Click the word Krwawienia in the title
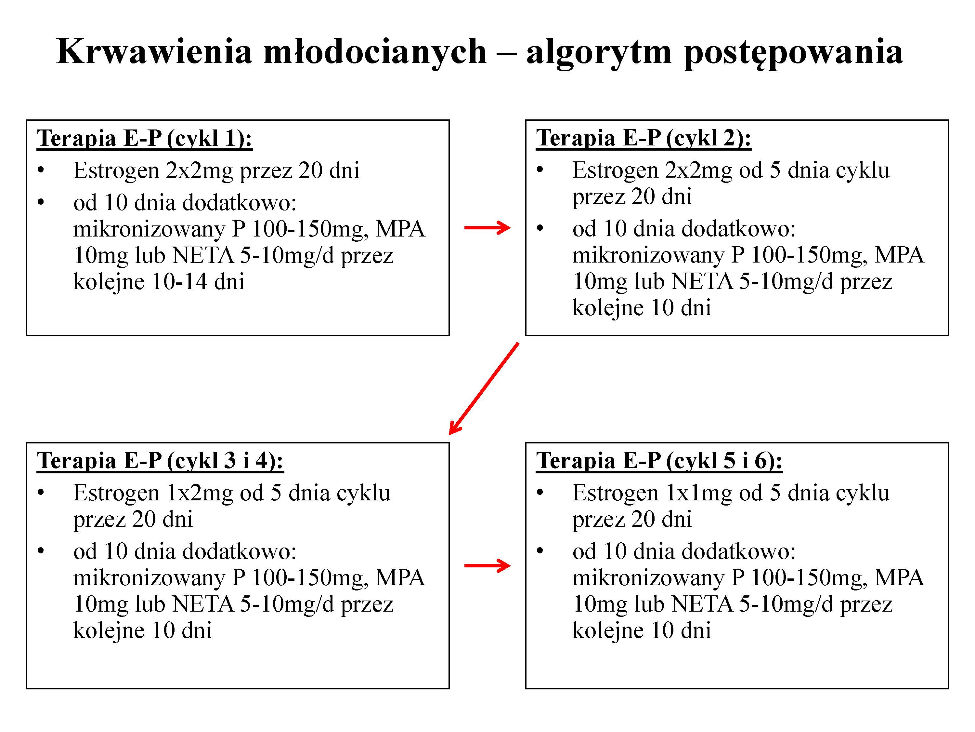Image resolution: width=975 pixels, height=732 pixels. point(154,52)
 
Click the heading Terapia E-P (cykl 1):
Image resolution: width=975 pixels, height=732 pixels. point(145,138)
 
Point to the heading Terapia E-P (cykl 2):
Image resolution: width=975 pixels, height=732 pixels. point(643,138)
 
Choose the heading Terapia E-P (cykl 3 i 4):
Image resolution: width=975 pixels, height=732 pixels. point(160,461)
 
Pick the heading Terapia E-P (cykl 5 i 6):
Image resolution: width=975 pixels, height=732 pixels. point(659,461)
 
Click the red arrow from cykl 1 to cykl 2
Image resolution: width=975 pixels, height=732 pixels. point(487,228)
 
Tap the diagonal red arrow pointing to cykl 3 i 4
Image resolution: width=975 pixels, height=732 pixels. point(484,388)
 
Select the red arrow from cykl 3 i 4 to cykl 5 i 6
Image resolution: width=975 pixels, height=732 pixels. point(487,566)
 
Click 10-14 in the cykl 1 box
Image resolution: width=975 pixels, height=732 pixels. point(180,281)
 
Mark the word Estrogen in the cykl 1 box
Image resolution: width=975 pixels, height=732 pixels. point(116,170)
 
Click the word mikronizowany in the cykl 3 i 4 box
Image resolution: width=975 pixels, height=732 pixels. point(149,577)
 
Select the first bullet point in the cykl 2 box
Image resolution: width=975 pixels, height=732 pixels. point(540,170)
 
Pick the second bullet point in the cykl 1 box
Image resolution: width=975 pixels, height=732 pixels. point(41,203)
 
